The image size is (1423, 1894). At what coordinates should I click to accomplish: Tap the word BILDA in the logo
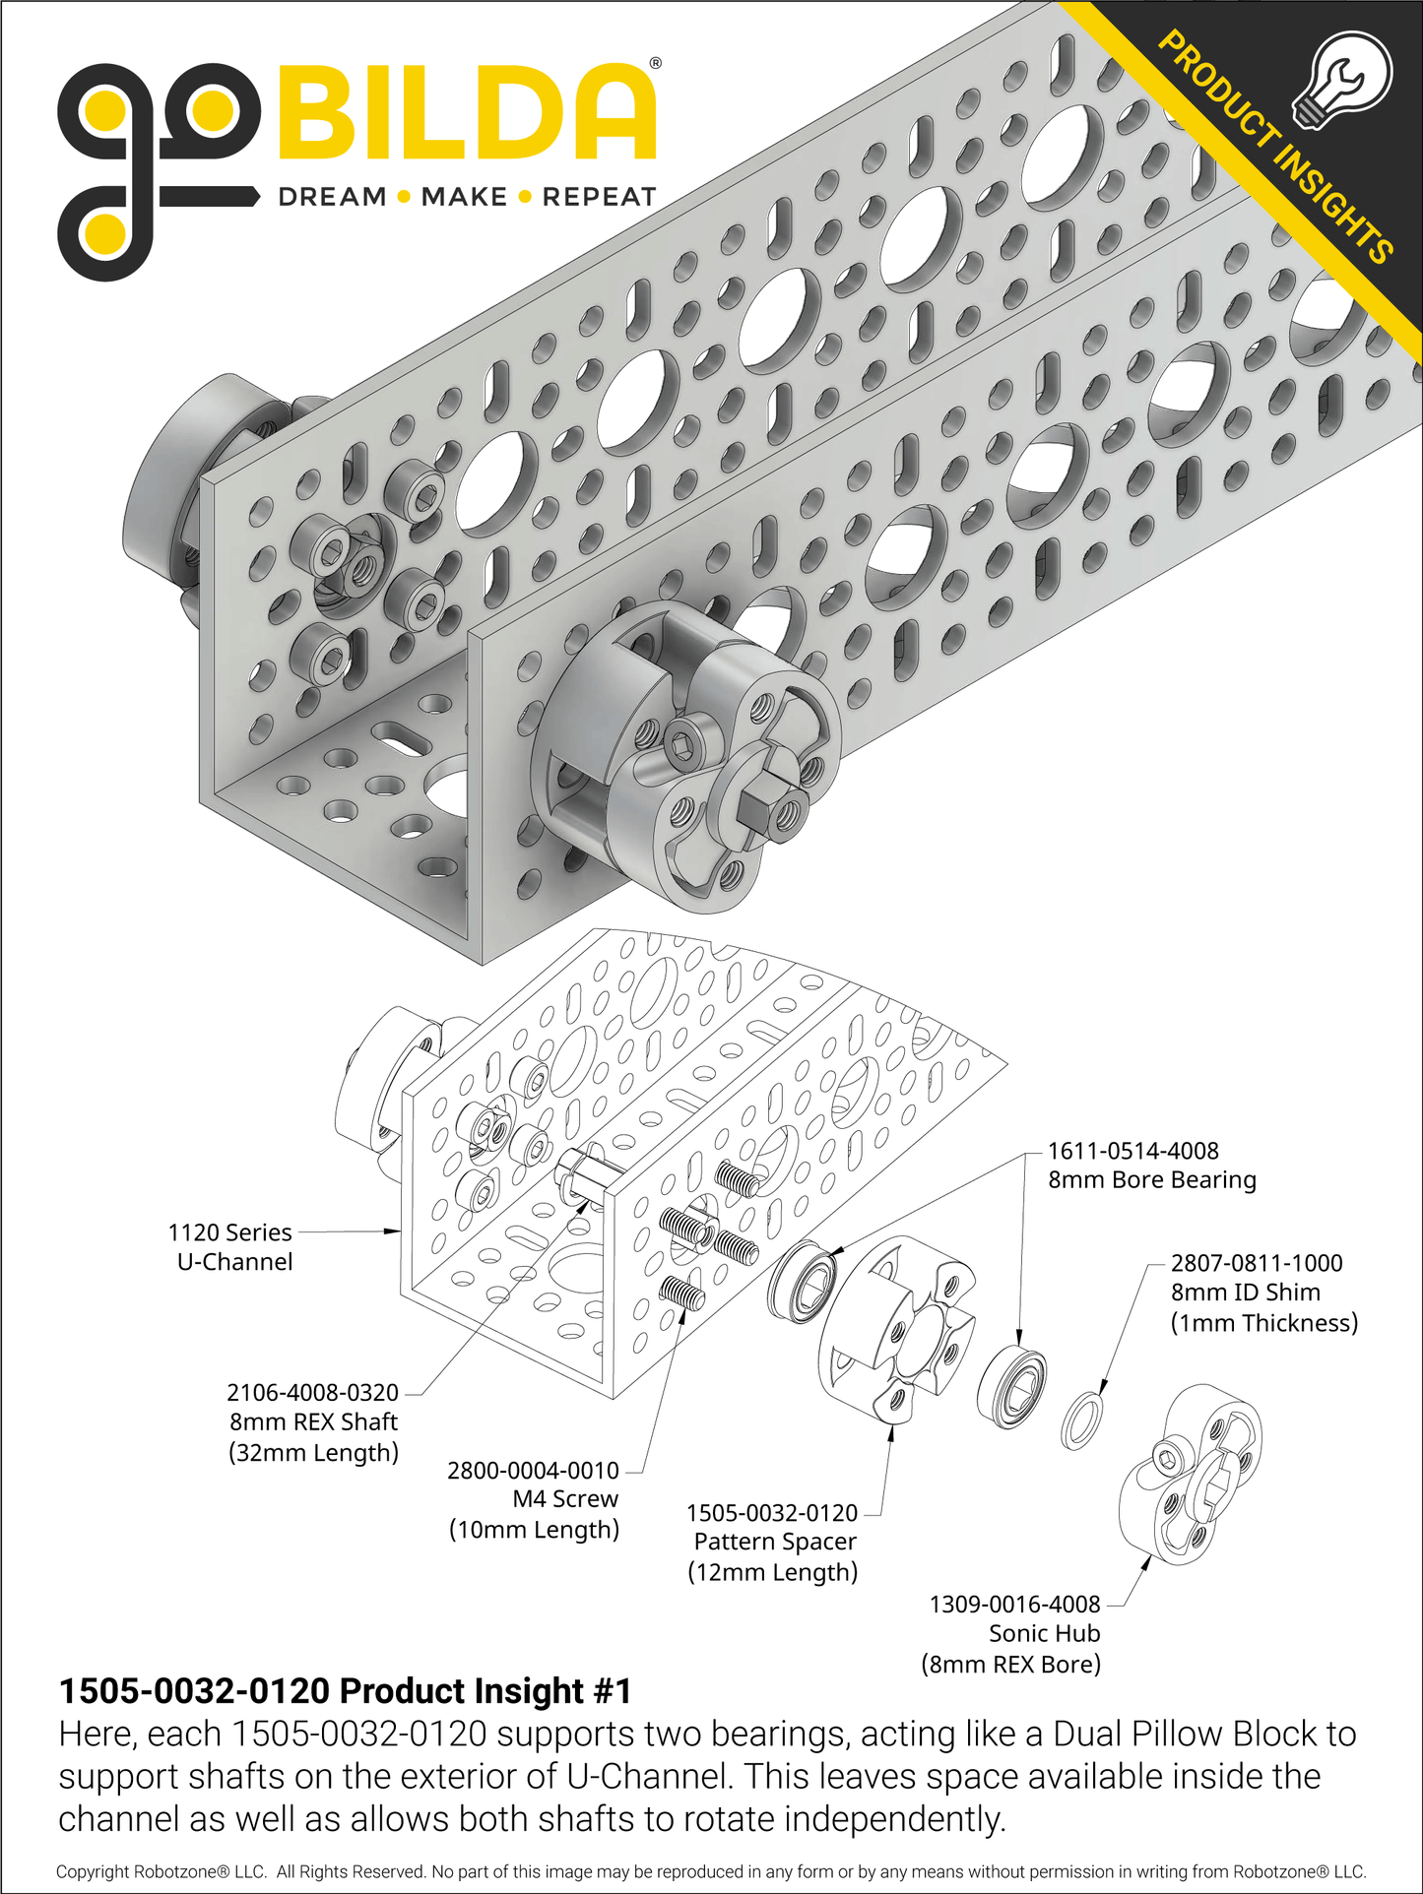pyautogui.click(x=467, y=113)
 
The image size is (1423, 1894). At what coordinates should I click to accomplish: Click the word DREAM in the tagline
pyautogui.click(x=332, y=197)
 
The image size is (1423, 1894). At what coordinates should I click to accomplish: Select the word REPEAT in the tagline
pyautogui.click(x=599, y=197)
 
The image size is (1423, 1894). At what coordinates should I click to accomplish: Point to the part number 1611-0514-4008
pyautogui.click(x=1132, y=1151)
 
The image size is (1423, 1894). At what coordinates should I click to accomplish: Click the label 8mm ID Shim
pyautogui.click(x=1245, y=1293)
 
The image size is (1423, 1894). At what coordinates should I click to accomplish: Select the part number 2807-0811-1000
pyautogui.click(x=1256, y=1263)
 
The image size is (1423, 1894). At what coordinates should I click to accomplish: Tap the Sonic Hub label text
pyautogui.click(x=1044, y=1633)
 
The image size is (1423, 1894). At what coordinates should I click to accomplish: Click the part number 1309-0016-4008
pyautogui.click(x=1014, y=1604)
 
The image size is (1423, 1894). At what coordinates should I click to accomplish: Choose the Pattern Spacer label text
pyautogui.click(x=775, y=1542)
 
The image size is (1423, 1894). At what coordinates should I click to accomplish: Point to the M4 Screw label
pyautogui.click(x=565, y=1499)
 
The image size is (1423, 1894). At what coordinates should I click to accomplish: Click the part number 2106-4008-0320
pyautogui.click(x=312, y=1393)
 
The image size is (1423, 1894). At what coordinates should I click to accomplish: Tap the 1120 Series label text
pyautogui.click(x=229, y=1232)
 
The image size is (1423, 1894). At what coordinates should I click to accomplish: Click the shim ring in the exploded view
pyautogui.click(x=1081, y=1420)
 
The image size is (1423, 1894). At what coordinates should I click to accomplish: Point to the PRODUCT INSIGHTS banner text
pyautogui.click(x=1274, y=148)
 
